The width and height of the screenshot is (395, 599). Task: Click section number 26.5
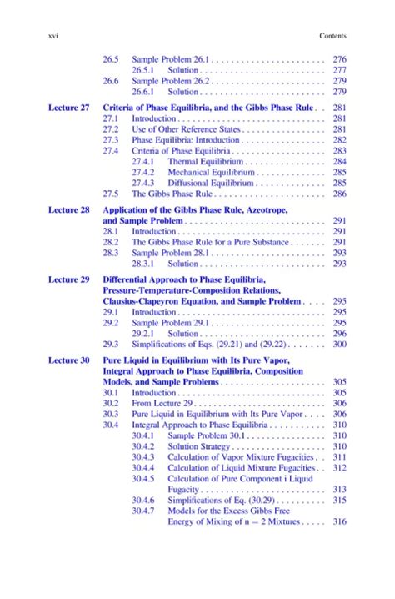click(x=110, y=59)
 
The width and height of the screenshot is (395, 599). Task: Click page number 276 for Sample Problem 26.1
click(x=338, y=59)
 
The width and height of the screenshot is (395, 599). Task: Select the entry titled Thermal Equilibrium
click(x=204, y=161)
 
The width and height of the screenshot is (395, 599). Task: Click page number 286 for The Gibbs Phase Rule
click(x=338, y=194)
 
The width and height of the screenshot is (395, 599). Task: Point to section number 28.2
click(x=110, y=242)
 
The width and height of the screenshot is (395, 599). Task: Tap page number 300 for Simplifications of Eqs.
click(x=338, y=343)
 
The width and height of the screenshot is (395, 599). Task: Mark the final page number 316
click(x=338, y=522)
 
